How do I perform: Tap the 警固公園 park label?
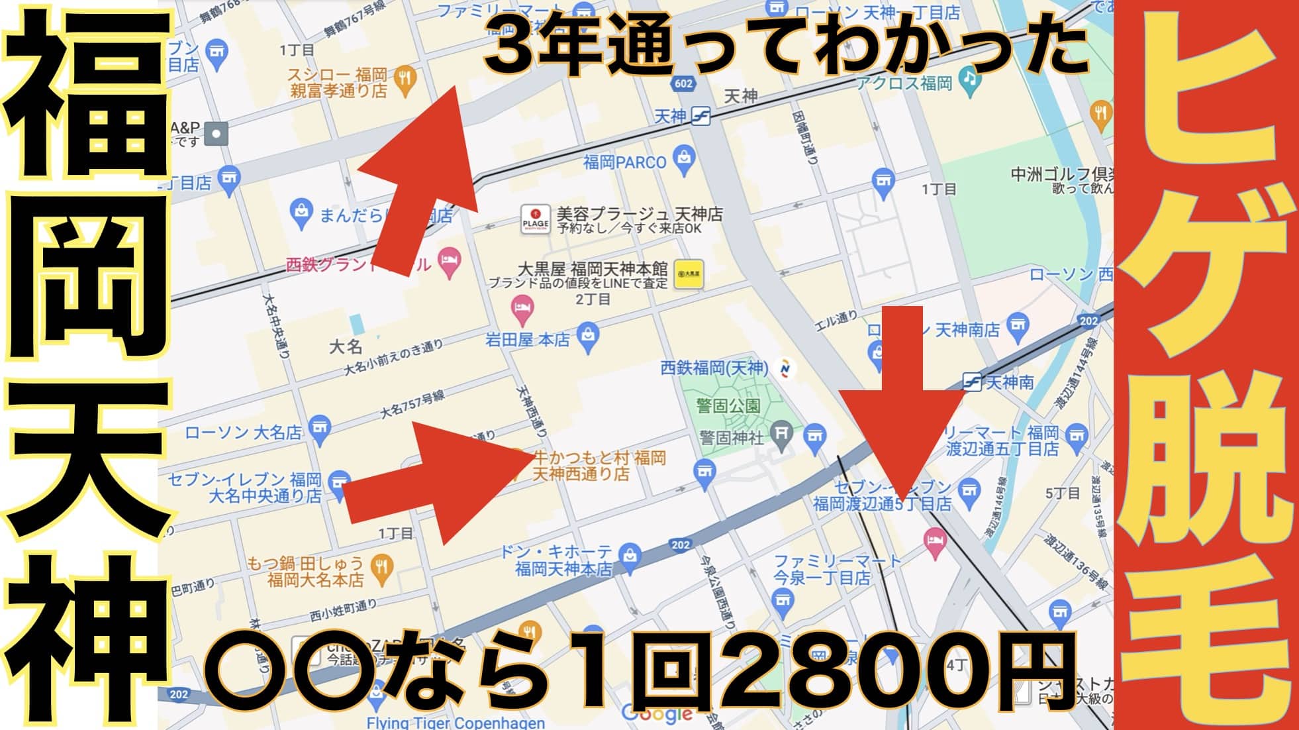(x=728, y=405)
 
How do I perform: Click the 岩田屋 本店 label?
(x=527, y=340)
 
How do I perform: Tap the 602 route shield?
(x=683, y=83)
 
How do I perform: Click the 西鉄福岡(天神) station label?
(x=714, y=368)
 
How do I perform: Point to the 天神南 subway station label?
(x=1009, y=382)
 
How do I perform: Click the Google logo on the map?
(x=657, y=713)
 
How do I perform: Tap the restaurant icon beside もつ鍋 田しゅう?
(x=381, y=567)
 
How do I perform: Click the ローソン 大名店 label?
(x=243, y=433)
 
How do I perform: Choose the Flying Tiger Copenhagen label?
(x=456, y=722)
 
